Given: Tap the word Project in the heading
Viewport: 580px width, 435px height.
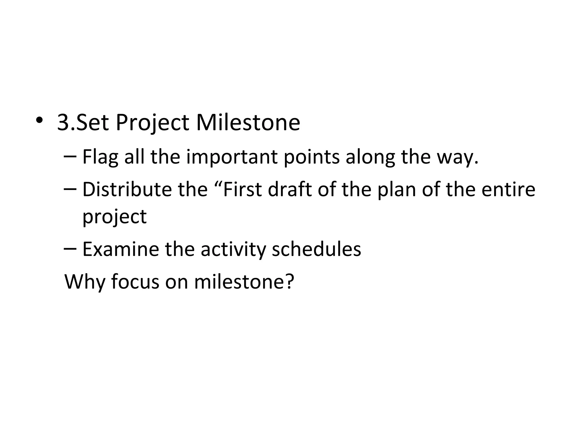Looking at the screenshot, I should pos(152,123).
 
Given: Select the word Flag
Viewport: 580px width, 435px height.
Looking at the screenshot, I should pos(100,157).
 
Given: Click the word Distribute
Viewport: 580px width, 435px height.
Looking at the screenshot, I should pos(127,189).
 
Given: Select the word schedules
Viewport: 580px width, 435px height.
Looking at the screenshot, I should pos(316,249).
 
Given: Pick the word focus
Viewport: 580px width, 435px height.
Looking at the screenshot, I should pos(135,282).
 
